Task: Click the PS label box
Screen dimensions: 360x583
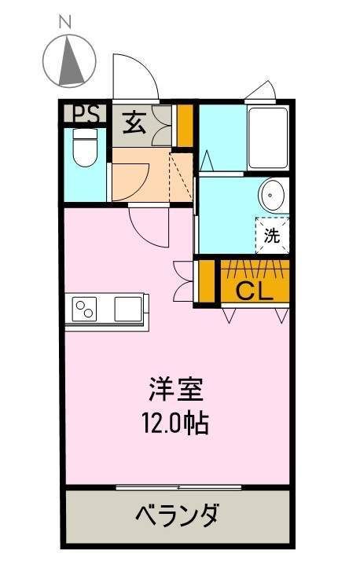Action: pos(86,114)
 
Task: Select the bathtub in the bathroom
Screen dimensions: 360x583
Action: pos(268,138)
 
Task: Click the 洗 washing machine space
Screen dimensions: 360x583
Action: pos(272,235)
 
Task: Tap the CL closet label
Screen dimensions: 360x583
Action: pos(255,291)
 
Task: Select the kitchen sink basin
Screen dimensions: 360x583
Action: pos(128,309)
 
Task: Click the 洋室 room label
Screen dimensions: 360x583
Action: pos(176,389)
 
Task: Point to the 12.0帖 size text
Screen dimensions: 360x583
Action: pos(176,423)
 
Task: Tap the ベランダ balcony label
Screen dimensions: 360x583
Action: pos(177,515)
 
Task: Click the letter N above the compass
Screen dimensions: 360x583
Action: pos(65,23)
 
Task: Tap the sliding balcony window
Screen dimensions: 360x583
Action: pos(179,487)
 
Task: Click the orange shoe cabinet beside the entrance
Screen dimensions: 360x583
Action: pos(185,126)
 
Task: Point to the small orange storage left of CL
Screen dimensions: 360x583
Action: pos(207,281)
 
